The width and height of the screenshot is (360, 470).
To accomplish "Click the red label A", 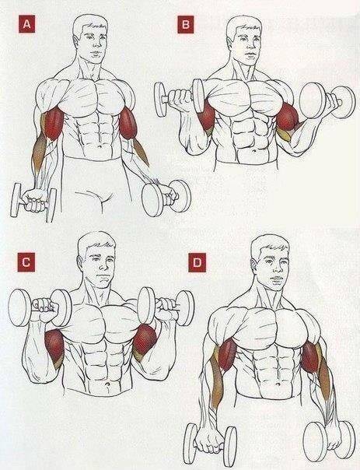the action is tap(27, 24).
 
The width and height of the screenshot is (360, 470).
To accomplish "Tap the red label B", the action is tap(186, 24).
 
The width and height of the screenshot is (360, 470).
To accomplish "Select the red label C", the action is tap(26, 262).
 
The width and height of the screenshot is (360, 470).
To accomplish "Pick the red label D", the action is tap(197, 262).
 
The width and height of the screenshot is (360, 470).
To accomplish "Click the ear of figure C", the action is tap(80, 263).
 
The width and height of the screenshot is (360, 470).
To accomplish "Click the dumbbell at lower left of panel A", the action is tap(33, 202).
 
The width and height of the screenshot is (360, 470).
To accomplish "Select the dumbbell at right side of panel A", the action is tap(166, 198).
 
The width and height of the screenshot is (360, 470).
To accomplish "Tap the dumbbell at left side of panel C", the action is tap(40, 307).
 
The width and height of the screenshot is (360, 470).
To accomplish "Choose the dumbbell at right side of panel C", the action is tap(166, 307).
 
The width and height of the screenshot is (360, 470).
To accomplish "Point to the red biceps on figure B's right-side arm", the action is tap(287, 117).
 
